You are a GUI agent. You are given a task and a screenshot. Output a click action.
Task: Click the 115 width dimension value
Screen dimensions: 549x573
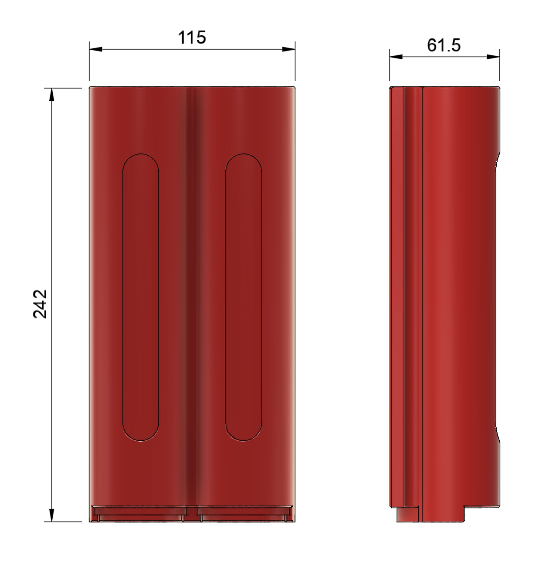[x=192, y=38]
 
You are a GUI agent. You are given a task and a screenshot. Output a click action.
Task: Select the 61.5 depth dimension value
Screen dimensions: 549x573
[x=444, y=45]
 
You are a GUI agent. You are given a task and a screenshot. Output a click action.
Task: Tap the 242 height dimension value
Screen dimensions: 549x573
[x=40, y=304]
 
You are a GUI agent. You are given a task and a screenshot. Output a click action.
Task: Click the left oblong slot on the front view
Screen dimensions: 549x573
[x=141, y=297]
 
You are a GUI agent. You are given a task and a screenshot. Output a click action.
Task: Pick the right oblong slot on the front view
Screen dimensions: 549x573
[x=244, y=297]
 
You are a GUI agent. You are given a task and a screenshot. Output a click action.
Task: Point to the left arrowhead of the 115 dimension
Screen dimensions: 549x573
[x=96, y=49]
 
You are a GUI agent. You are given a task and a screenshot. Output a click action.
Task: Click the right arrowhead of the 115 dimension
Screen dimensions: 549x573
[x=288, y=49]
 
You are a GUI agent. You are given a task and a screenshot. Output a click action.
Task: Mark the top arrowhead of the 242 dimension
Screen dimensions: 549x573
[x=52, y=95]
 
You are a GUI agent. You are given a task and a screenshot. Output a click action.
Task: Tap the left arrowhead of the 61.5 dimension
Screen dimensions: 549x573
[x=396, y=57]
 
